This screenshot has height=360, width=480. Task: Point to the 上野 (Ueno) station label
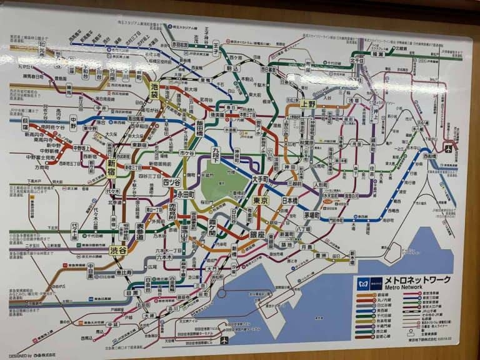click(307, 104)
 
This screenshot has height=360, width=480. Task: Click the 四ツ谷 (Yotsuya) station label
click(171, 182)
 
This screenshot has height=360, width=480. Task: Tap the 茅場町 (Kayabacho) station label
click(312, 214)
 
